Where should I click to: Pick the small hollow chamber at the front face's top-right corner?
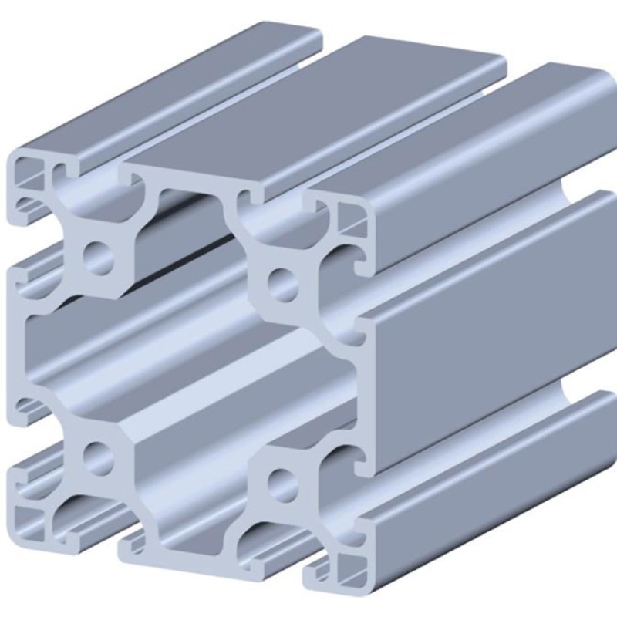pos(351,217)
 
